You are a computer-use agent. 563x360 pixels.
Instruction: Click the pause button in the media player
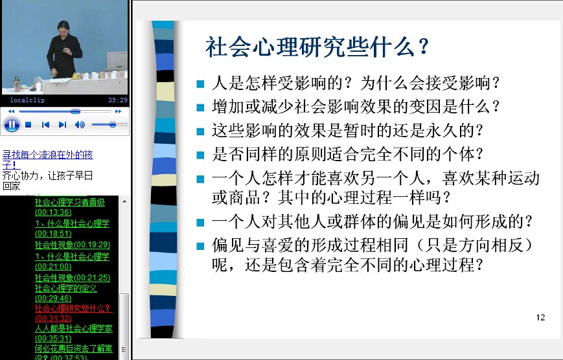(12, 124)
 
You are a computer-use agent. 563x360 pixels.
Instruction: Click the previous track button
(45, 124)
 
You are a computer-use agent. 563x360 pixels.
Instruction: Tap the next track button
(62, 124)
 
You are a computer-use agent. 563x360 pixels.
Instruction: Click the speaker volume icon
(80, 124)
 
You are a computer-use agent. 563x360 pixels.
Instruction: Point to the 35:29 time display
(118, 100)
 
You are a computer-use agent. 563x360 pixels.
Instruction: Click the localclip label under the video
(27, 100)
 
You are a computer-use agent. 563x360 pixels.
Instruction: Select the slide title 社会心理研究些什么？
(317, 47)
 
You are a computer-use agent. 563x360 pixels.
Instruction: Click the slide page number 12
(540, 317)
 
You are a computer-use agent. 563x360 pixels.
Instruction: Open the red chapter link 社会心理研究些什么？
(73, 313)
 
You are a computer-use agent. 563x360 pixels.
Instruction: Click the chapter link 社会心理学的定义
(65, 293)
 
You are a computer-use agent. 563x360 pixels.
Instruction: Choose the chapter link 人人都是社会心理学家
(74, 333)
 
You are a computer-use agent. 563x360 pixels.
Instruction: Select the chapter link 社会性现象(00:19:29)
(73, 245)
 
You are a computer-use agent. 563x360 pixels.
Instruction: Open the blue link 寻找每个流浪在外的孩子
(47, 160)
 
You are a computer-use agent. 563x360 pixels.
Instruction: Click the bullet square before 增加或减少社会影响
(200, 107)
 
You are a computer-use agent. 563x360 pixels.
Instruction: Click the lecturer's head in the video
(63, 28)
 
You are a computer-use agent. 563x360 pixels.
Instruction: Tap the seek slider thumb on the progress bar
(75, 111)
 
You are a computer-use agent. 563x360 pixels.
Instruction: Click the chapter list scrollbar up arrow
(124, 201)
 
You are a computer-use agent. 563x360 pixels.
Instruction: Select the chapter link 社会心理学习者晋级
(70, 207)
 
